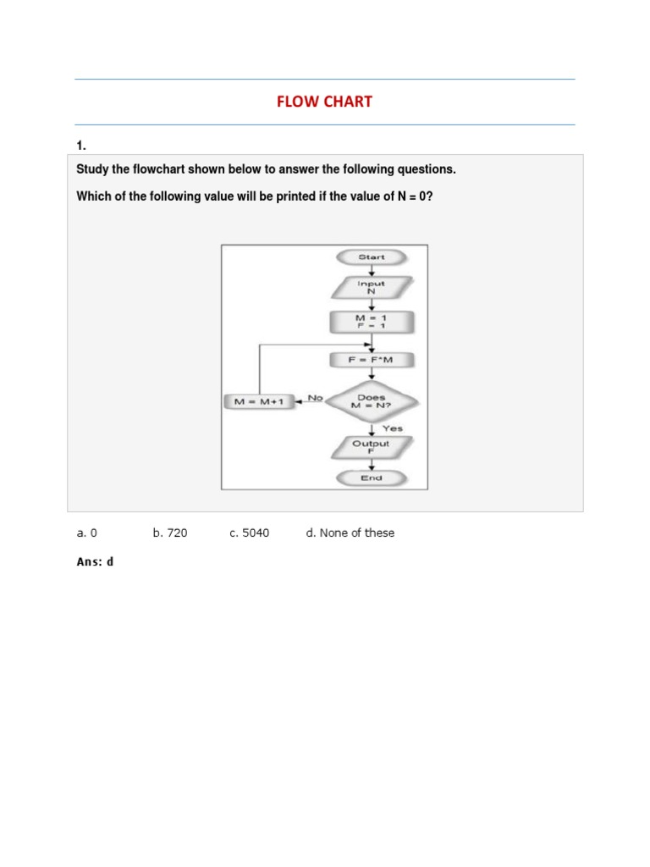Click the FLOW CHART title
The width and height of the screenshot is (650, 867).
324,102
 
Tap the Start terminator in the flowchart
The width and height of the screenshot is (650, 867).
371,257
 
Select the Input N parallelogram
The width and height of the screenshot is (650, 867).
371,288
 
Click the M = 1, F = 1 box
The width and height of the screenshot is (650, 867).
371,322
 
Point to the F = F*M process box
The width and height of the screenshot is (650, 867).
371,361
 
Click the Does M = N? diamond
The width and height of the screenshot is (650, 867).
371,401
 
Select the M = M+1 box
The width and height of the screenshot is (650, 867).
259,402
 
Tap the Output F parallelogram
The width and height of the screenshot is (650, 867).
371,446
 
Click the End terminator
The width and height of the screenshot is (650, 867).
371,478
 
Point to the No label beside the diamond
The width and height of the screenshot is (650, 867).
315,396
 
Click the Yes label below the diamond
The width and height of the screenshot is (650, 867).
392,428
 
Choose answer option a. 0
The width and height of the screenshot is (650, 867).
87,533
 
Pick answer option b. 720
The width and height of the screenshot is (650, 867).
170,533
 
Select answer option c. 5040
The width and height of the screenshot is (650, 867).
249,533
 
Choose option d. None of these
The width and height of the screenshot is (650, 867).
350,533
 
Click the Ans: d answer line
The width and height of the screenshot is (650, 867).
95,561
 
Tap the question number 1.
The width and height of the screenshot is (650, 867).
81,146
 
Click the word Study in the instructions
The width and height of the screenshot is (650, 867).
93,169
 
